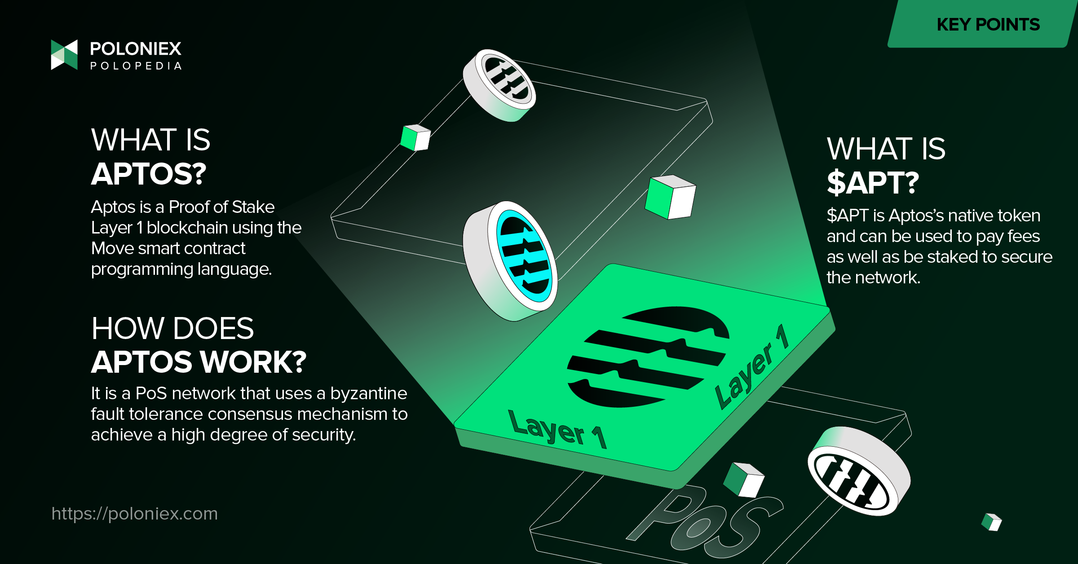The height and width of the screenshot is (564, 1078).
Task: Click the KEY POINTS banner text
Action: click(x=988, y=24)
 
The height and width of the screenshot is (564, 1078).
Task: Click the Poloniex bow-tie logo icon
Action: click(x=64, y=55)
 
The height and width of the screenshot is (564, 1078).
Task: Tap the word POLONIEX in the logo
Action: click(x=136, y=48)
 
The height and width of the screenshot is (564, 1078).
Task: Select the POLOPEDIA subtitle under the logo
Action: click(x=136, y=66)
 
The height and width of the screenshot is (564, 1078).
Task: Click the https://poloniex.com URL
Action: click(x=134, y=513)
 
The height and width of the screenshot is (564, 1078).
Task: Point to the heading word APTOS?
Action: click(x=149, y=174)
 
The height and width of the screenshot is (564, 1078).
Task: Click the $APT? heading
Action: click(x=873, y=183)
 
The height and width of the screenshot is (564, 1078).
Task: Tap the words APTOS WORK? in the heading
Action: click(x=199, y=362)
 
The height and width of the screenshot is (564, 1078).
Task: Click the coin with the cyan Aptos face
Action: click(x=510, y=261)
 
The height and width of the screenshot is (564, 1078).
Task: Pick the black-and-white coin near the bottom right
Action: click(x=859, y=471)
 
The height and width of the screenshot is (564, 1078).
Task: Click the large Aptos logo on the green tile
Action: click(x=648, y=357)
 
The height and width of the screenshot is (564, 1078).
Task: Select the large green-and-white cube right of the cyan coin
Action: click(x=670, y=197)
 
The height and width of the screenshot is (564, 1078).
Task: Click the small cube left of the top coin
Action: click(x=415, y=137)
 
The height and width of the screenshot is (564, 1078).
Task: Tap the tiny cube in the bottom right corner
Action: click(x=992, y=522)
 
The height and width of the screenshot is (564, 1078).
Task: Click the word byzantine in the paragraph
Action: click(x=369, y=393)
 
